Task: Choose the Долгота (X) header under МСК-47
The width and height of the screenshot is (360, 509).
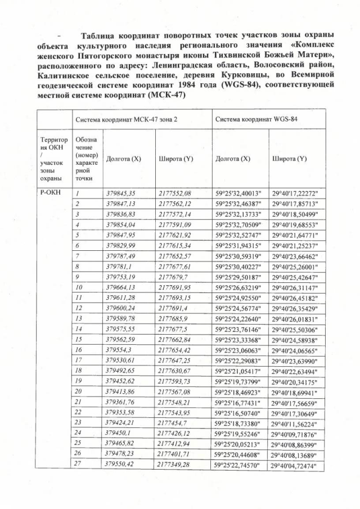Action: click(x=123, y=159)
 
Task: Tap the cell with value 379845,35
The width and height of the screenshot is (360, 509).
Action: click(x=121, y=192)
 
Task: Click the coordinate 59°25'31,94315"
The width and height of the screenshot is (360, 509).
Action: click(x=238, y=246)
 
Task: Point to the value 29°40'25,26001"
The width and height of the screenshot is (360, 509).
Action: click(x=295, y=267)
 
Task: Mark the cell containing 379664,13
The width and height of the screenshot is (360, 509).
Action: click(x=121, y=289)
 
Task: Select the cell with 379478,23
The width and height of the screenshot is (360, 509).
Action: click(x=121, y=454)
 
